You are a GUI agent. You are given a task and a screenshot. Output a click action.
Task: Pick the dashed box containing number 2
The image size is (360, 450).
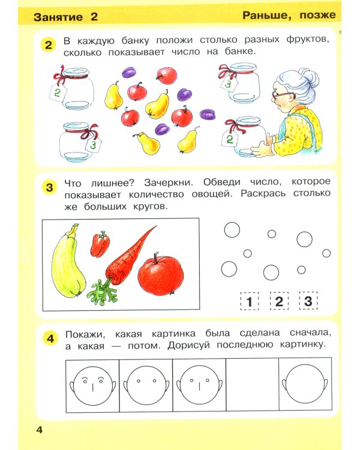coord(278,302)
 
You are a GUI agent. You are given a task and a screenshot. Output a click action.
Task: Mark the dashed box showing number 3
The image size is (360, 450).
coord(308,302)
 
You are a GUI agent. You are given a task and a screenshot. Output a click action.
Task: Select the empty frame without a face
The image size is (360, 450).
coord(252,385)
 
